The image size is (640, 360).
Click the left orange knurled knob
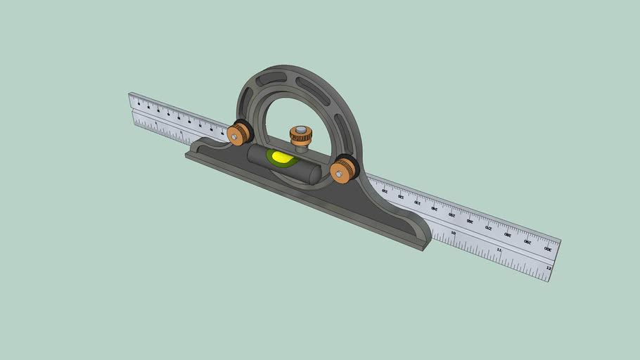coord(241,132)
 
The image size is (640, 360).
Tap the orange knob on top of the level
coord(301,136)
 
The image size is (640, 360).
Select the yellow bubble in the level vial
coord(281,157)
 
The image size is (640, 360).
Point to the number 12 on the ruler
coord(549,268)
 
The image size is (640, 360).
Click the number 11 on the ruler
coord(499,250)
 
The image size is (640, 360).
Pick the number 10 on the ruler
coord(454,233)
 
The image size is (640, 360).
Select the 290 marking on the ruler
coord(527,241)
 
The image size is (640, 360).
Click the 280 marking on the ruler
coord(507,235)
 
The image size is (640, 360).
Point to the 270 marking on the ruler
coord(488,228)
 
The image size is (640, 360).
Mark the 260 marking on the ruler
coord(470,221)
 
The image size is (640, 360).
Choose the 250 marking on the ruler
coord(452,214)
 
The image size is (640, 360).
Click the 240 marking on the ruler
coord(434,208)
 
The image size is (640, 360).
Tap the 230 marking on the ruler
coord(417,202)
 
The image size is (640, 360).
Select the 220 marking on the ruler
coord(400,196)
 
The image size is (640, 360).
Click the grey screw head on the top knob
coord(301,129)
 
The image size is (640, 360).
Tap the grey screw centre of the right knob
coord(340,172)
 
